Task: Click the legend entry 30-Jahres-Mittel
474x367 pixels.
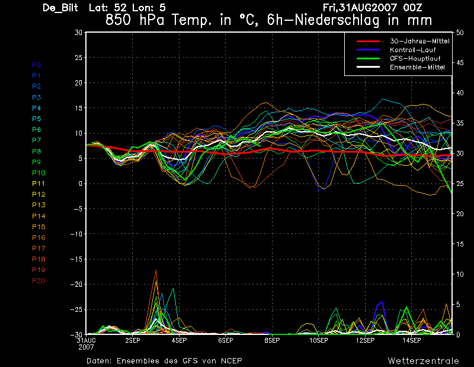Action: point(419,41)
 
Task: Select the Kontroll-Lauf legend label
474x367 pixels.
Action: point(412,50)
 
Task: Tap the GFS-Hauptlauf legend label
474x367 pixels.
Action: point(415,58)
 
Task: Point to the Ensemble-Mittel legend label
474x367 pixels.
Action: point(417,67)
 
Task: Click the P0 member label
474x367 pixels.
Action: point(37,65)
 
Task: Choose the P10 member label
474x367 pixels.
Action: point(39,173)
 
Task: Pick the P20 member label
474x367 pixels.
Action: point(39,281)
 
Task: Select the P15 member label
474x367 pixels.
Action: point(39,227)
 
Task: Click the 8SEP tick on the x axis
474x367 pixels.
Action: point(272,340)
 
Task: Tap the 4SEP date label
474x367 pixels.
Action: point(179,340)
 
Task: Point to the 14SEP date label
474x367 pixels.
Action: point(412,340)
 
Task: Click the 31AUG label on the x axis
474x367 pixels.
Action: point(86,340)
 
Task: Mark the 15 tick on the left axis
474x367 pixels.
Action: point(79,108)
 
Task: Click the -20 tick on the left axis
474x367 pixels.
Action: point(76,284)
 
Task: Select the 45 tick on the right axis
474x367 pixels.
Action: point(460,63)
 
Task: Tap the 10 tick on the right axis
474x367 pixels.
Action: point(460,274)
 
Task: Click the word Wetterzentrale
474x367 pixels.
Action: point(424,361)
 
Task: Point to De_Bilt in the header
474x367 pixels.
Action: point(60,8)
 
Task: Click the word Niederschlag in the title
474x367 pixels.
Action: point(337,20)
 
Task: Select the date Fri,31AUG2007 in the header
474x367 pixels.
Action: point(360,8)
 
